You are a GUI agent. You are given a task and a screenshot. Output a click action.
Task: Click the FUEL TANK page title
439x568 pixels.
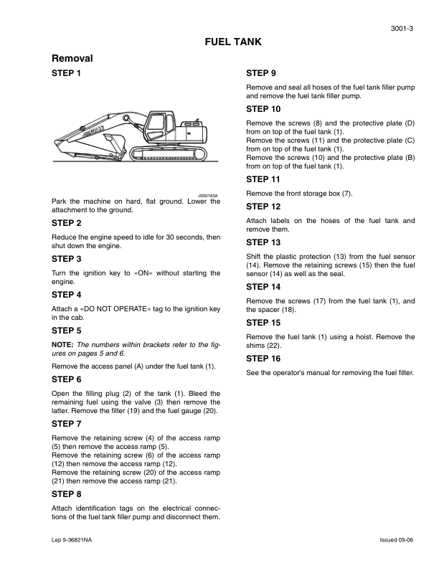[233, 42]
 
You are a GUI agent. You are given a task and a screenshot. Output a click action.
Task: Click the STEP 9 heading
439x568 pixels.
[262, 73]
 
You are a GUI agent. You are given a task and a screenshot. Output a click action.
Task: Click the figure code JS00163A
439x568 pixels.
[208, 194]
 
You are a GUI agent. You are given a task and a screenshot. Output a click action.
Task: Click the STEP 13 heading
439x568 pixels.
[264, 242]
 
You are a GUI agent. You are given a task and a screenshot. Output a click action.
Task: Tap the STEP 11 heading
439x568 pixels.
[264, 179]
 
